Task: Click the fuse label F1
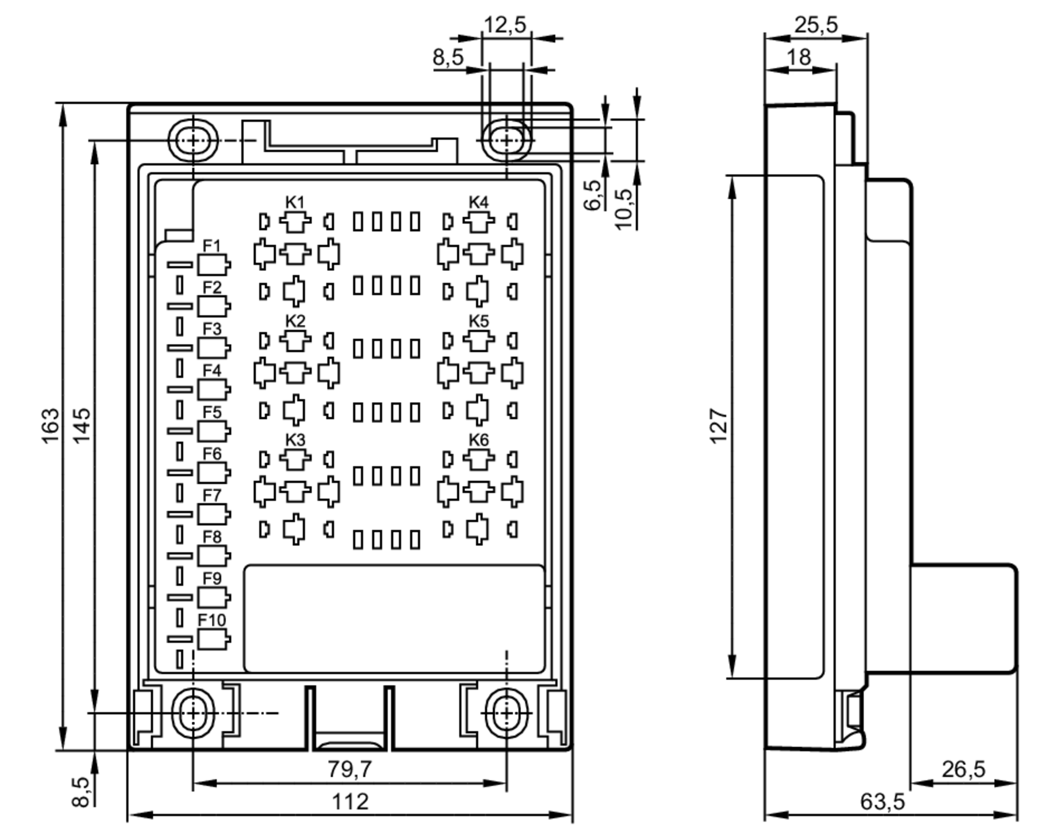click(x=211, y=246)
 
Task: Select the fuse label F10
click(x=211, y=620)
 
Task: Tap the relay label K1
click(x=295, y=202)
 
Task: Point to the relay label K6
click(x=478, y=439)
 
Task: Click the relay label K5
click(x=478, y=321)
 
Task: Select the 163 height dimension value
click(x=51, y=426)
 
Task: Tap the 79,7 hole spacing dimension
click(x=349, y=769)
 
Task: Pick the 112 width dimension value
click(x=349, y=802)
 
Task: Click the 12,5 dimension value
click(x=505, y=25)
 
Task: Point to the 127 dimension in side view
click(x=719, y=426)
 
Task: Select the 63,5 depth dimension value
click(x=882, y=802)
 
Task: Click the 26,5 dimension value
click(x=963, y=769)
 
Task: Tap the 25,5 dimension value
click(x=816, y=25)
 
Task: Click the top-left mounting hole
click(x=193, y=141)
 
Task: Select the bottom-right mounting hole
click(x=506, y=713)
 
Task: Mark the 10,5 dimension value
click(x=624, y=209)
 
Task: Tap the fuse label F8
click(x=211, y=537)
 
